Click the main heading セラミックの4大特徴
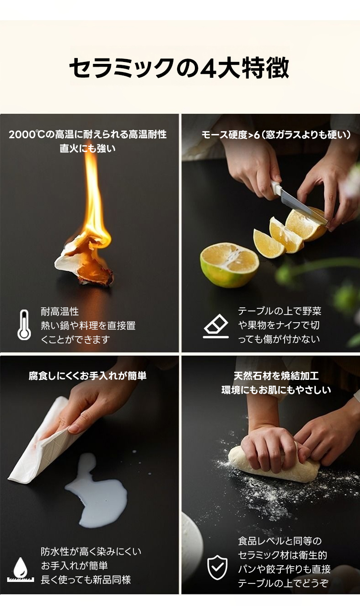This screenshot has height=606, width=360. pos(180,68)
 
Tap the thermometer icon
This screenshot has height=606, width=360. pos(24,325)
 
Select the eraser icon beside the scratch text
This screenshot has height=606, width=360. pos(216,326)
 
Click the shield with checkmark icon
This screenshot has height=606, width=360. pos(217,567)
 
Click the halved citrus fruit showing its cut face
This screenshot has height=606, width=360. pos(229,264)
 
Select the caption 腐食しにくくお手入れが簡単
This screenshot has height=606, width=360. pos(88,376)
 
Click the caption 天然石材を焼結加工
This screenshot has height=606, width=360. pos(276,376)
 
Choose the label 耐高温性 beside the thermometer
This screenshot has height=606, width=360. pos(60,312)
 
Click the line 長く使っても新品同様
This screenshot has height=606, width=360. pos(86,580)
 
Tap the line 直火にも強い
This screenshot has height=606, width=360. pos(88,148)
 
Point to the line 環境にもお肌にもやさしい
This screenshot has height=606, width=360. pos(276,390)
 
